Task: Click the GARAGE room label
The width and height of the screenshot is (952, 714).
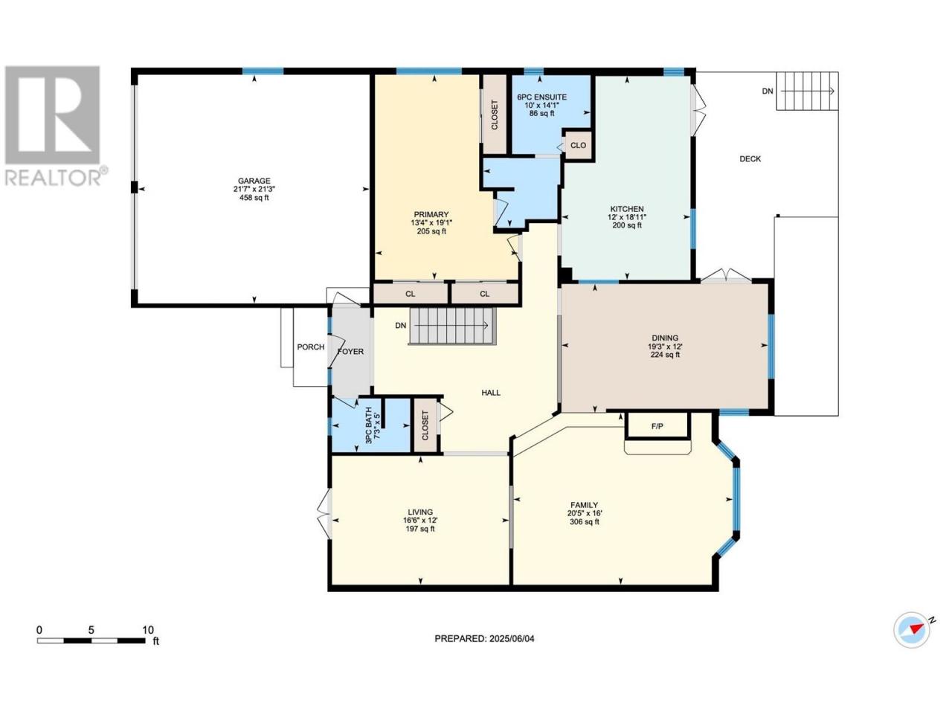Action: point(254,181)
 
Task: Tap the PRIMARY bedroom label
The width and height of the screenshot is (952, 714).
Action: point(431,215)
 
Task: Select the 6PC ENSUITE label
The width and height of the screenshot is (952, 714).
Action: point(541,97)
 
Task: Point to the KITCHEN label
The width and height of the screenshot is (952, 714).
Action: point(627,209)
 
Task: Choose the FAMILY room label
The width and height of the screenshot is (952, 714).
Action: point(584,505)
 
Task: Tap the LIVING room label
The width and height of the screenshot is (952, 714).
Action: point(419,512)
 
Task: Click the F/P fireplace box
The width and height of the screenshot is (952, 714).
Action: point(657,425)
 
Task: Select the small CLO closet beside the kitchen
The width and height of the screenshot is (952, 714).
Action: point(578,146)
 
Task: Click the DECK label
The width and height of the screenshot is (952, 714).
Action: point(750,159)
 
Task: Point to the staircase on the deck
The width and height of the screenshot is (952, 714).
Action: point(806,91)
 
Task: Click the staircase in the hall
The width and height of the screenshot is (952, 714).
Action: point(451,326)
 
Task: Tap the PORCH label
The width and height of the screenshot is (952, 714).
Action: point(311,347)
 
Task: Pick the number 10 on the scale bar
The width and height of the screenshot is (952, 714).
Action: point(148,630)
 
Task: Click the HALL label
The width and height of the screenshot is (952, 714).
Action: point(491,393)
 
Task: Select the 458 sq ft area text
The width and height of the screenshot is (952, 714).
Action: point(254,198)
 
